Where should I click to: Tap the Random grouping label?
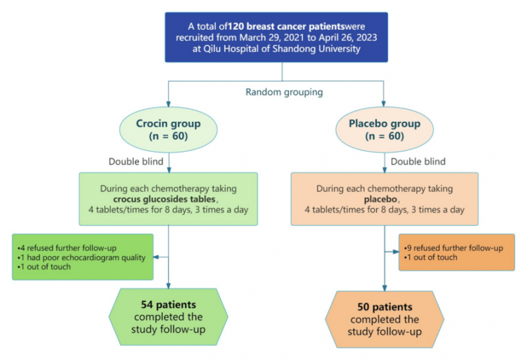(x=284, y=92)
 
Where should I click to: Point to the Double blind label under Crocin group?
(x=136, y=161)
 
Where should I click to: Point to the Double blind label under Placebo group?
(x=418, y=161)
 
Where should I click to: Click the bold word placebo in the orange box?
(x=384, y=199)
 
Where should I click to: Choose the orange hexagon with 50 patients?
(x=384, y=319)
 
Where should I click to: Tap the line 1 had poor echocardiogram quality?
(x=81, y=257)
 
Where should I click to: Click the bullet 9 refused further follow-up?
(x=453, y=248)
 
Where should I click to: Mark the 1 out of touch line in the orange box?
(x=431, y=257)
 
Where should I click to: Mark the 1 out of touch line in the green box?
(x=45, y=266)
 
